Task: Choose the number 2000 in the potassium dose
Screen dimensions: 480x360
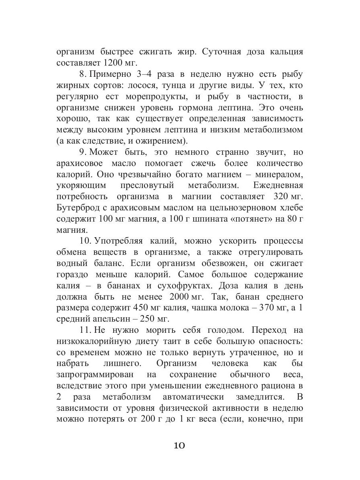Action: tap(177, 297)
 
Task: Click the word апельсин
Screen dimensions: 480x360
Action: tap(106, 319)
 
